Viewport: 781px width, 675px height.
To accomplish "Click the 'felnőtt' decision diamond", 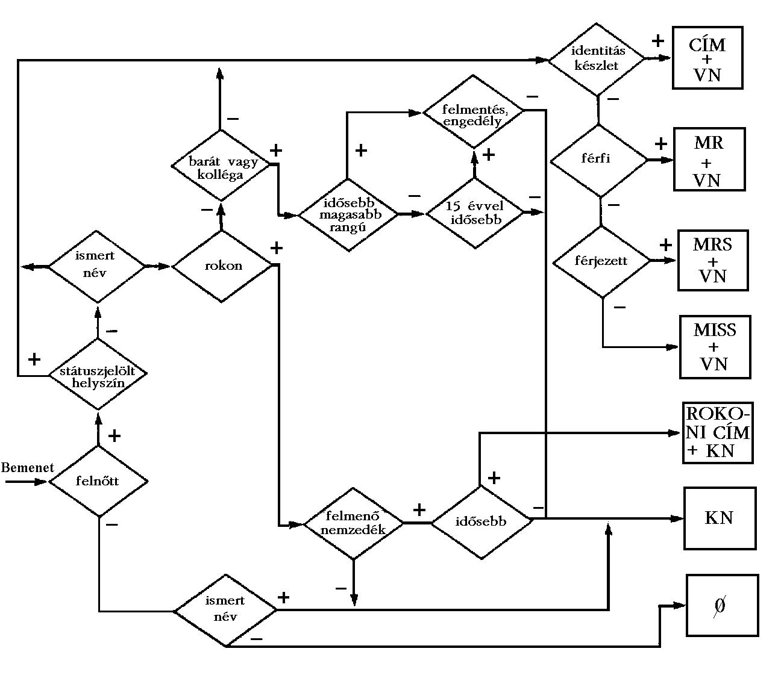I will pyautogui.click(x=98, y=481).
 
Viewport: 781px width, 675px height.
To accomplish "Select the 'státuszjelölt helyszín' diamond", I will pyautogui.click(x=98, y=375).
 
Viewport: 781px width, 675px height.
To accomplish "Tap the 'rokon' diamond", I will pyautogui.click(x=222, y=266).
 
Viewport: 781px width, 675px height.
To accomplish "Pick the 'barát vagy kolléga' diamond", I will pyautogui.click(x=221, y=166).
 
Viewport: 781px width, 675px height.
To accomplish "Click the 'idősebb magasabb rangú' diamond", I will pyautogui.click(x=349, y=214).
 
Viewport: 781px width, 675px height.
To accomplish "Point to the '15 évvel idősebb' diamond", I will pyautogui.click(x=475, y=213).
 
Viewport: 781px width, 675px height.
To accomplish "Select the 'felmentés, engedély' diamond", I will pyautogui.click(x=474, y=111).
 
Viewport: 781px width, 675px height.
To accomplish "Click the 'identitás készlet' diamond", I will pyautogui.click(x=597, y=59).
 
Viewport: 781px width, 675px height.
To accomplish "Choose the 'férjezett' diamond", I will pyautogui.click(x=601, y=261).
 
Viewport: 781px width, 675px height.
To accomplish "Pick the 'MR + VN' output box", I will pyautogui.click(x=709, y=160).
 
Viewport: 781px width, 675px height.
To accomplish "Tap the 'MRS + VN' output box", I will pyautogui.click(x=713, y=260).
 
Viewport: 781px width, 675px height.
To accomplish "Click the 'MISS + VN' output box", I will pyautogui.click(x=715, y=347).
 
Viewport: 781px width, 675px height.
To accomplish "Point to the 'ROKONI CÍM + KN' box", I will pyautogui.click(x=718, y=433).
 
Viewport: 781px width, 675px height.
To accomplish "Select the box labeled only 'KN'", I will pyautogui.click(x=720, y=518).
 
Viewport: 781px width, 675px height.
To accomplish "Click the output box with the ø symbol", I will pyautogui.click(x=722, y=605).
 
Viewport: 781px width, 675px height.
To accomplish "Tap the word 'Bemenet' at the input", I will pyautogui.click(x=27, y=468).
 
